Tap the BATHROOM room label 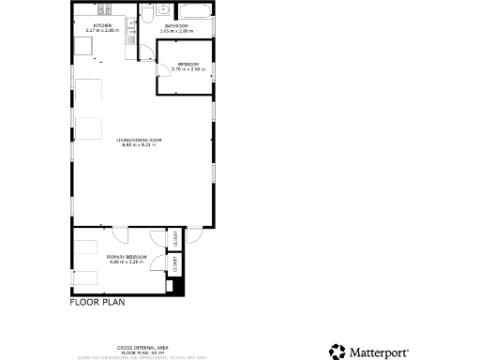[x=176, y=25]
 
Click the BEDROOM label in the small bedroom [x=188, y=64]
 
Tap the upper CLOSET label [x=175, y=239]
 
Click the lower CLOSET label [x=175, y=265]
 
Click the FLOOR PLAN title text [x=97, y=303]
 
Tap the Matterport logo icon [x=337, y=352]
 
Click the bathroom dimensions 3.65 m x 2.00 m [x=176, y=31]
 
